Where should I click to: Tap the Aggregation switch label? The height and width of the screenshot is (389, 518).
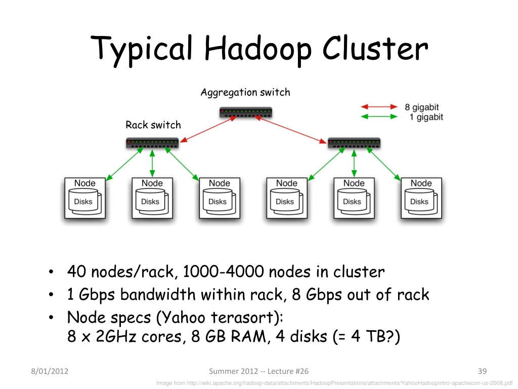point(245,92)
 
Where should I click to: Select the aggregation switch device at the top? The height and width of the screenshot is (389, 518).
point(246,112)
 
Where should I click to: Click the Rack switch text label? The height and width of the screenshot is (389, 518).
point(153,125)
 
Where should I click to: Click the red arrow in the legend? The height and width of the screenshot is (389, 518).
point(379,107)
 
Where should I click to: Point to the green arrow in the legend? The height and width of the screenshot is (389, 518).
point(379,117)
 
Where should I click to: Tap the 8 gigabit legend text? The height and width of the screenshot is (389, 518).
point(421,107)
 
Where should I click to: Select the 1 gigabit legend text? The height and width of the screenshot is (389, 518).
point(425,117)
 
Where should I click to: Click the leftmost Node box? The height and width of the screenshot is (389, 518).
point(84,198)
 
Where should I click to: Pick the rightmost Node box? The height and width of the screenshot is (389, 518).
point(421,198)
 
